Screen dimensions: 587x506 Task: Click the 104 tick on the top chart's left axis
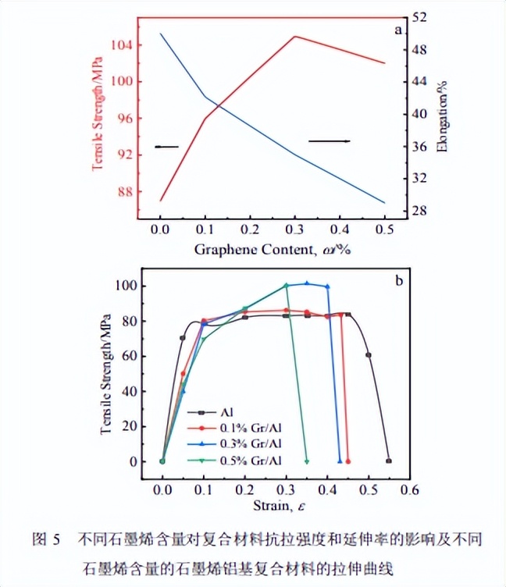121,44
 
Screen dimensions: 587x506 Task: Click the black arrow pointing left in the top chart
166,147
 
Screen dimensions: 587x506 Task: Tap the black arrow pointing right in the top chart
329,141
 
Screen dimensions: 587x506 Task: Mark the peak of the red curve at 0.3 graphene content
294,37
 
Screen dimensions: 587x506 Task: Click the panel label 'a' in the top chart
398,30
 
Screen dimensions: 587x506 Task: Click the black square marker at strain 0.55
388,461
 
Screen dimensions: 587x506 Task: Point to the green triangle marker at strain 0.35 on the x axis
307,461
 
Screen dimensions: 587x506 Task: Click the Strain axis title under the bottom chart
273,507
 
